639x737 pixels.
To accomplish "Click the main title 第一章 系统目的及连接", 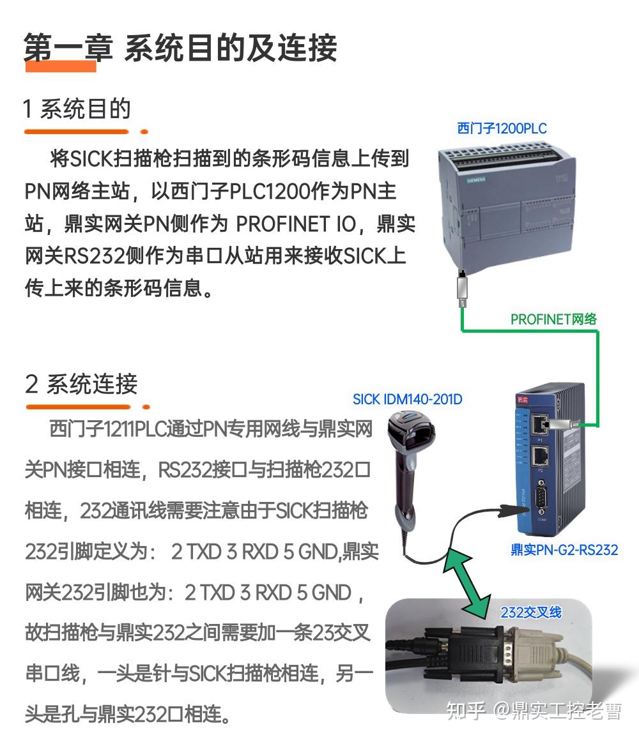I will click(180, 48).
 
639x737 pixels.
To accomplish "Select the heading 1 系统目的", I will click(77, 109).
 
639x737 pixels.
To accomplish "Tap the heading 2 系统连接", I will click(81, 384).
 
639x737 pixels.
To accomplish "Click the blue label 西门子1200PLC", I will click(502, 128).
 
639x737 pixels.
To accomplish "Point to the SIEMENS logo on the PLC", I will click(476, 180).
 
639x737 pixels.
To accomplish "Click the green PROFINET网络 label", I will click(553, 319).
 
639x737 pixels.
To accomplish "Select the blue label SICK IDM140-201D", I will click(407, 400).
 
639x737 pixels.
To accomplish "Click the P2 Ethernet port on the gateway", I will click(541, 455).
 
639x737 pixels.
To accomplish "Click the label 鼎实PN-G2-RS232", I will click(564, 549).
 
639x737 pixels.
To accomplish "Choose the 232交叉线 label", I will click(530, 612).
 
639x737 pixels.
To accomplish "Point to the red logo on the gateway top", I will click(523, 400).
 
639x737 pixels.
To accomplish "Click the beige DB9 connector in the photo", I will click(524, 648).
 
